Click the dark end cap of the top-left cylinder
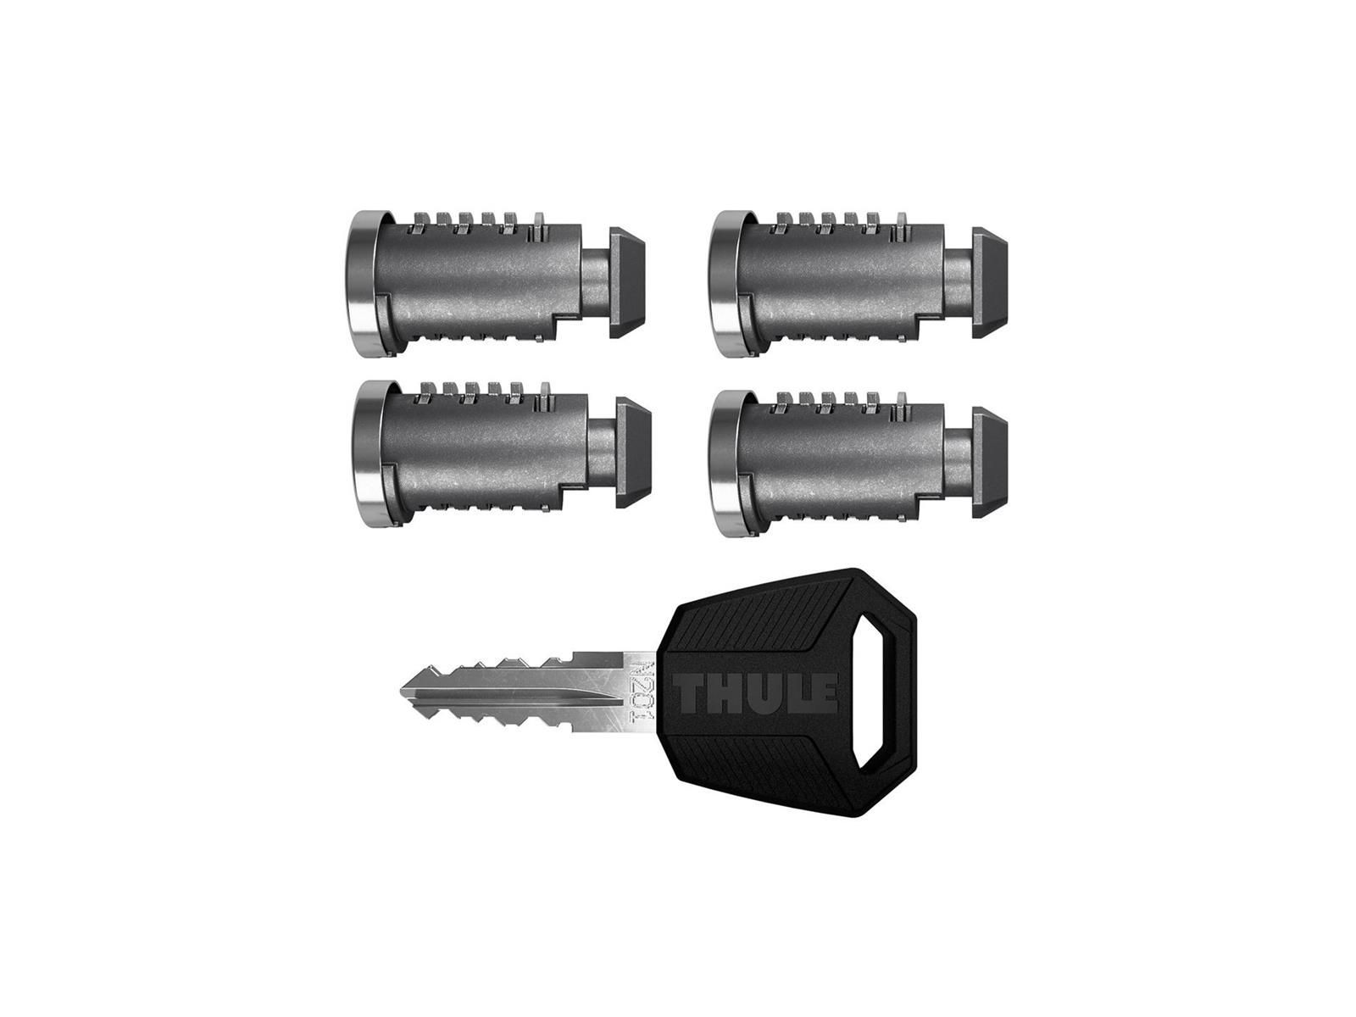[628, 283]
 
